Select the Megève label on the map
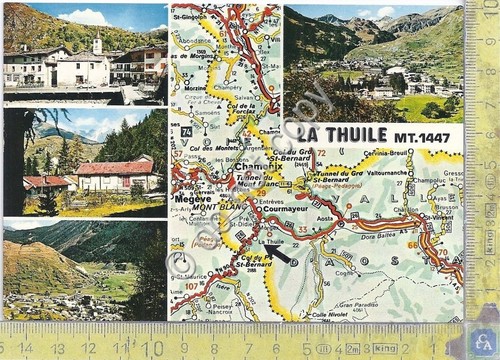pyautogui.click(x=192, y=197)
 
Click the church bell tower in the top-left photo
pyautogui.click(x=96, y=45)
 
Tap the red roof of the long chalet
pyautogui.click(x=116, y=168)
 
